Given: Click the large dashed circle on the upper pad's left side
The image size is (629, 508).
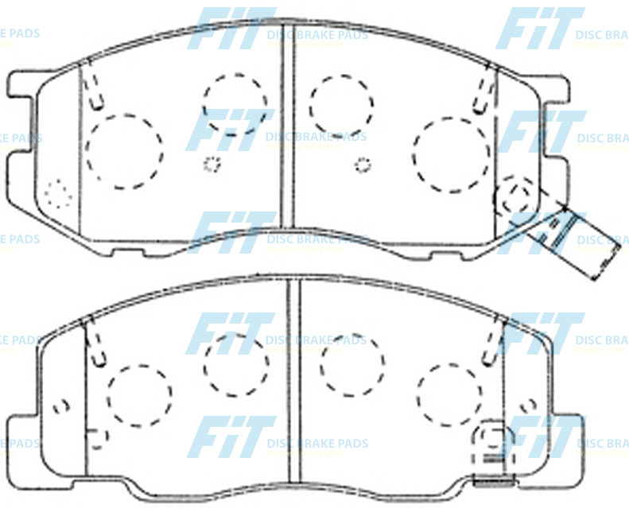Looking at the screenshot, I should tap(124, 151).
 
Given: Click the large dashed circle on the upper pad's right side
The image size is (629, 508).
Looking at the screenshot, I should tap(452, 154).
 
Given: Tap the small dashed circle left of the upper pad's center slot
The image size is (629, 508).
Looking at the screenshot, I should tap(212, 165).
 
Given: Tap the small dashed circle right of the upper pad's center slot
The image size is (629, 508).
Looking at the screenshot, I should tap(363, 165).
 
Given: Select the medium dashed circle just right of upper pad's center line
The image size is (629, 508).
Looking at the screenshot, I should tap(342, 106).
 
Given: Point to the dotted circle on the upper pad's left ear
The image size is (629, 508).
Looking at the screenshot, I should tap(57, 193).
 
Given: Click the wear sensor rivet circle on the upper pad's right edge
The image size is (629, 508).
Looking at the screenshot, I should tap(514, 196).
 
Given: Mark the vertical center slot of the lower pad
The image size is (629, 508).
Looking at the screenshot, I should tap(293, 382).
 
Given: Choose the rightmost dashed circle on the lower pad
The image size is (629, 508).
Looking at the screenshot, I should tap(448, 395).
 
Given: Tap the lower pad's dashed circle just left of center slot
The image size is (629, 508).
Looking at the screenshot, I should tap(235, 364).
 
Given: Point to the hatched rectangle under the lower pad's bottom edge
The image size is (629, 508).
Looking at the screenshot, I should tap(491, 481).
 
